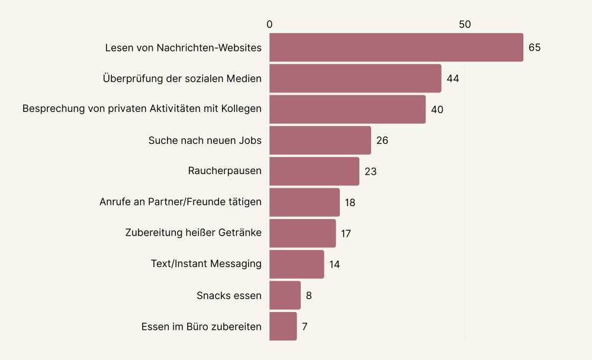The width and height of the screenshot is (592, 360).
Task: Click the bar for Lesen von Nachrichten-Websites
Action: coord(396,47)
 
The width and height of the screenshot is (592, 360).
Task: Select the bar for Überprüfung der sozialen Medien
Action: coord(355,78)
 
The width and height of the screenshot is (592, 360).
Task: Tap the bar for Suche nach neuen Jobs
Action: coord(320,140)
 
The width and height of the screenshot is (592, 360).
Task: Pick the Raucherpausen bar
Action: coord(314,171)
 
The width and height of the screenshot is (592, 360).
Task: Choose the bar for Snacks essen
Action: coord(285,295)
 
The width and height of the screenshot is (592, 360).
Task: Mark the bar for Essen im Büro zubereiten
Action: coord(283,326)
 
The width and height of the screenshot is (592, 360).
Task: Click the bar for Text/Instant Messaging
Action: coord(297,264)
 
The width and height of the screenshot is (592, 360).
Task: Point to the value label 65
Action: coord(535,47)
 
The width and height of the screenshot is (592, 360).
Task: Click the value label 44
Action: coord(453,79)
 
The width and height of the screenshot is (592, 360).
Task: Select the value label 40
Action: coord(437,110)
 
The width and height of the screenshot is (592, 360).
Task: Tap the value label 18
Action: coord(350,202)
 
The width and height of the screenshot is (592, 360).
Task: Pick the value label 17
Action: coord(346,233)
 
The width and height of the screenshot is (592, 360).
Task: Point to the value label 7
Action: coord(304,326)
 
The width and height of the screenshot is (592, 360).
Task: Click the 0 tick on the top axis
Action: coord(269,24)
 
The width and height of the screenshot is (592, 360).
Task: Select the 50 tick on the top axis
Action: coord(465,24)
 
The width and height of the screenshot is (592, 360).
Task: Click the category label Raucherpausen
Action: coord(224,171)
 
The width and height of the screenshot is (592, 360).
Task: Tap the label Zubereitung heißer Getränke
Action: coord(193,233)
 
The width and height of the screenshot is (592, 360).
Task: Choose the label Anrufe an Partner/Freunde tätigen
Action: coord(181,202)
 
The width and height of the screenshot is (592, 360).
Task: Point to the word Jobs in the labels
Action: coord(250,140)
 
